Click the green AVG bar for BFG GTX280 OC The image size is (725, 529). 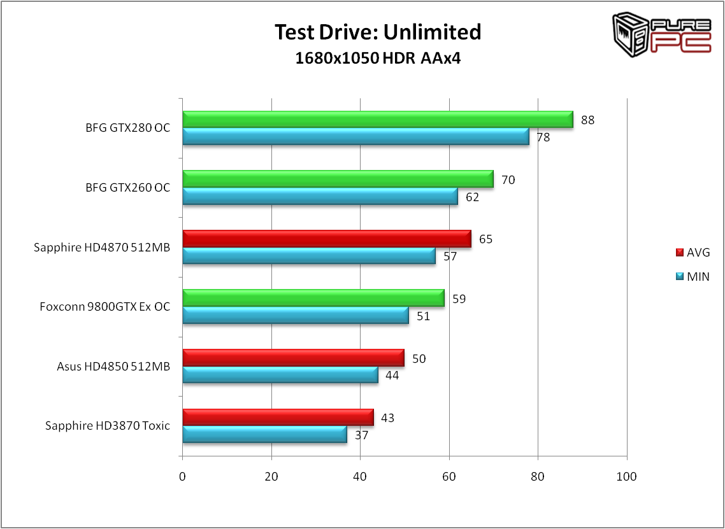[x=378, y=120]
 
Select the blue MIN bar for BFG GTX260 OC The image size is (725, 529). [x=320, y=196]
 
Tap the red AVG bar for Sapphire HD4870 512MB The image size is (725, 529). [x=327, y=239]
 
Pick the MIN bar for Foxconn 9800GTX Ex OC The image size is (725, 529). [x=296, y=315]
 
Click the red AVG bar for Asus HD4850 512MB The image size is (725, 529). [x=293, y=358]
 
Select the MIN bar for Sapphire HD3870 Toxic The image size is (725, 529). [x=264, y=434]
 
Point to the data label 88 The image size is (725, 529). [x=587, y=120]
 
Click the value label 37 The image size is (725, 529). [x=362, y=435]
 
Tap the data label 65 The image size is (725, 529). [x=485, y=239]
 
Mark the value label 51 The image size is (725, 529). [x=423, y=316]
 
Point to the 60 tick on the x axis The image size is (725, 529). [x=449, y=477]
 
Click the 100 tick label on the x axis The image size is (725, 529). [x=627, y=477]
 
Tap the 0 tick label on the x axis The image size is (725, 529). [x=182, y=477]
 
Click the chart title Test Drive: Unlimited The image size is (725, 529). [x=378, y=31]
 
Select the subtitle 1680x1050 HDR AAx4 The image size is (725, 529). [x=378, y=59]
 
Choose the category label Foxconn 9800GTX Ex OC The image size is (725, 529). [x=105, y=307]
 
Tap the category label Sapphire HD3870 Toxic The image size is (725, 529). [x=108, y=426]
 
